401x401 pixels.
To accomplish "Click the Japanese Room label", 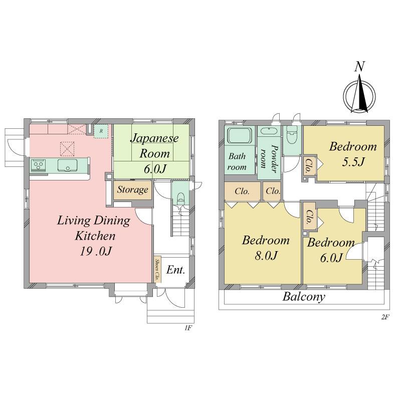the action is click(x=154, y=146).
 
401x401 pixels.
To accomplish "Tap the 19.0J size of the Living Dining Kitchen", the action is click(x=96, y=252).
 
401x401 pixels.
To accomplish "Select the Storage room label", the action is click(x=132, y=190).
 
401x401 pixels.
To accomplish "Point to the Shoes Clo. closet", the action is click(x=157, y=269).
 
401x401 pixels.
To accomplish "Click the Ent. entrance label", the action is click(x=175, y=270).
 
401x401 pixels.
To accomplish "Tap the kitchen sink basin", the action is click(x=68, y=165).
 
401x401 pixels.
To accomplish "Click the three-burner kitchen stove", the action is click(x=39, y=165).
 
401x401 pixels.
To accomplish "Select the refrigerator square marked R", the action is click(x=101, y=131).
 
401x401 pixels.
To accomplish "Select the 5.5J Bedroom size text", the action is click(x=353, y=162).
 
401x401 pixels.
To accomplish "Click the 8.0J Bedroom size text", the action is click(x=266, y=256).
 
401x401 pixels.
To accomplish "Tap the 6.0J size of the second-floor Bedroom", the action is click(x=331, y=258).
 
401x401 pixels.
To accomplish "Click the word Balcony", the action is click(x=304, y=297).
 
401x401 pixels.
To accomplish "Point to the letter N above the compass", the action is click(x=359, y=67).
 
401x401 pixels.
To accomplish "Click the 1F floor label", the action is click(x=188, y=328).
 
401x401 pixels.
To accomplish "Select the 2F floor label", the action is click(x=385, y=317).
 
